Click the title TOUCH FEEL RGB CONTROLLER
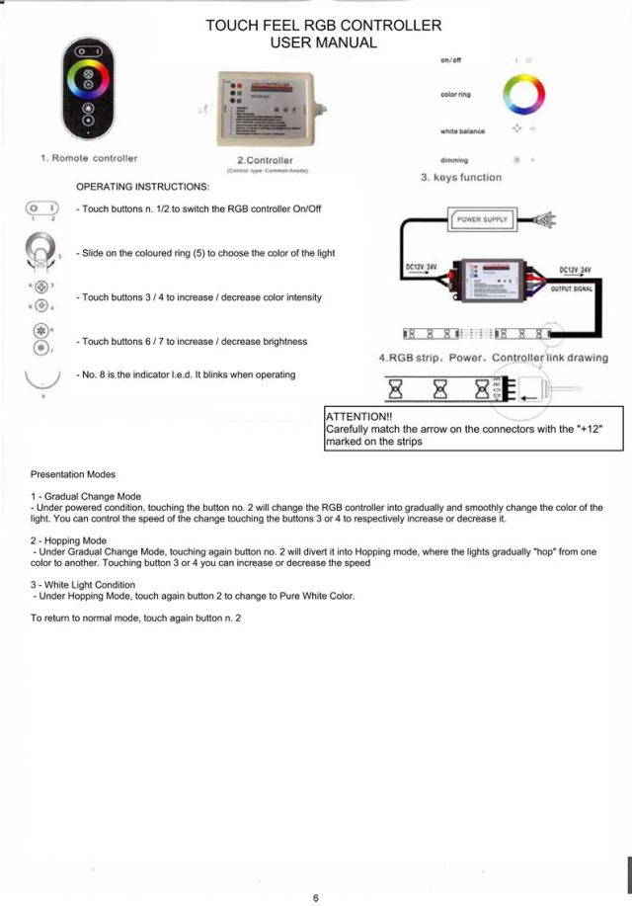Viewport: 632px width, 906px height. (323, 26)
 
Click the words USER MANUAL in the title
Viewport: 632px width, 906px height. (323, 42)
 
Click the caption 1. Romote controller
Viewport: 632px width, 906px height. (89, 158)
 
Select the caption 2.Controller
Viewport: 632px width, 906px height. (265, 160)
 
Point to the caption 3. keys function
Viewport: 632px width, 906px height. (461, 178)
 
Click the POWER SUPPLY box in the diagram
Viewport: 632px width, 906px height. (483, 219)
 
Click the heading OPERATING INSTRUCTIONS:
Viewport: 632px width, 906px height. (142, 187)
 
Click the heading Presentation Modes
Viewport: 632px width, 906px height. (73, 474)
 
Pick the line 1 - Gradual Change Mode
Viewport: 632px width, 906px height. (86, 496)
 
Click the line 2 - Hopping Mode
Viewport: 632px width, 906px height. (68, 540)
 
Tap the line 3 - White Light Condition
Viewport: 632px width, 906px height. (83, 585)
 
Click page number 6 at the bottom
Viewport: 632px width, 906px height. (315, 898)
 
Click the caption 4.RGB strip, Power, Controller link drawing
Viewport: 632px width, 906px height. (494, 357)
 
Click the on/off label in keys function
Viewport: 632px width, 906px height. (451, 61)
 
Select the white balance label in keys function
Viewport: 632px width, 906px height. (461, 131)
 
